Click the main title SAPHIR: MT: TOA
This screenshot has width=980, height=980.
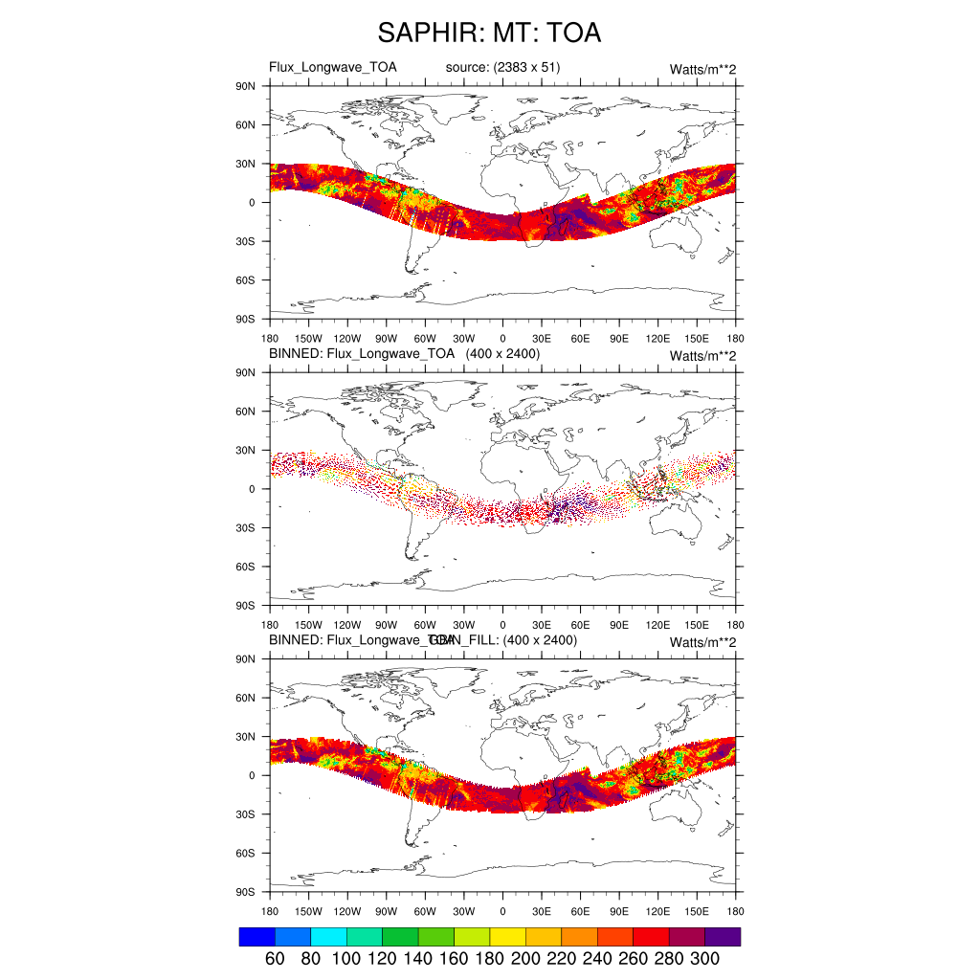[x=489, y=33]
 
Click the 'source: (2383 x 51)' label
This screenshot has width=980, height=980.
[x=502, y=67]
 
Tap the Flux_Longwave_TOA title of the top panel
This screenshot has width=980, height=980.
[x=332, y=67]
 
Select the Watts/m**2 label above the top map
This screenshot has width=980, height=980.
[x=702, y=69]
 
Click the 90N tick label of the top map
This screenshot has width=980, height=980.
[x=247, y=86]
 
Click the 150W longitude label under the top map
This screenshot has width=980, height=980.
[x=308, y=339]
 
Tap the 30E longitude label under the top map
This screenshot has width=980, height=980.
[x=542, y=339]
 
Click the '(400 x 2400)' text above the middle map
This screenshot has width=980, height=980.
[x=502, y=354]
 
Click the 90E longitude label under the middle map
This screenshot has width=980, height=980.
[x=619, y=625]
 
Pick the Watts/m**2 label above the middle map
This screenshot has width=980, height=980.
[x=702, y=356]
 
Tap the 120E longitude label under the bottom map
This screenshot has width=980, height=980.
[x=658, y=912]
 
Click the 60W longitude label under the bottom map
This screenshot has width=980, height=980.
[x=425, y=912]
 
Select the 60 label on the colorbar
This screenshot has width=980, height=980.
[x=274, y=959]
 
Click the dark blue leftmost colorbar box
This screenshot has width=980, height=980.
[x=256, y=936]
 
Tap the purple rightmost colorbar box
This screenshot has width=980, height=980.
[x=723, y=936]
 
